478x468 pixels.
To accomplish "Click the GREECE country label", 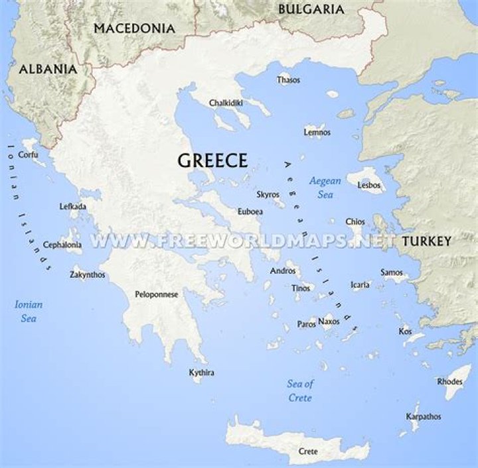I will [212, 160].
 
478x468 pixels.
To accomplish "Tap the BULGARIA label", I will [311, 9].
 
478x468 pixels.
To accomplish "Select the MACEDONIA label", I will [135, 29].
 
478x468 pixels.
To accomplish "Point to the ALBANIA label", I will [48, 69].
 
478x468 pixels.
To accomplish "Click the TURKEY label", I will [426, 241].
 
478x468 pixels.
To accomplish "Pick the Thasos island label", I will [288, 80].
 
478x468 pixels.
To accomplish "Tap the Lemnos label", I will [317, 133].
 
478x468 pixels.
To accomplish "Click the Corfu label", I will [28, 154].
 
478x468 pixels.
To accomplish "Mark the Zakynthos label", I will [88, 274].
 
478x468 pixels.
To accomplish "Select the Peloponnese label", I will [157, 294].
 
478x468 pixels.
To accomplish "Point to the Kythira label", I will [202, 373].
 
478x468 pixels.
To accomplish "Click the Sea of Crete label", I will [300, 391].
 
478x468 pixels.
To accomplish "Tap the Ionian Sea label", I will [29, 312].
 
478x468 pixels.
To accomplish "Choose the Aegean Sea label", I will [325, 188].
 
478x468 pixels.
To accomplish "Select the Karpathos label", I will [424, 417].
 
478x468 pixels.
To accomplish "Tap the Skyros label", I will [268, 195].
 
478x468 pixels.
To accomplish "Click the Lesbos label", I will [369, 186].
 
